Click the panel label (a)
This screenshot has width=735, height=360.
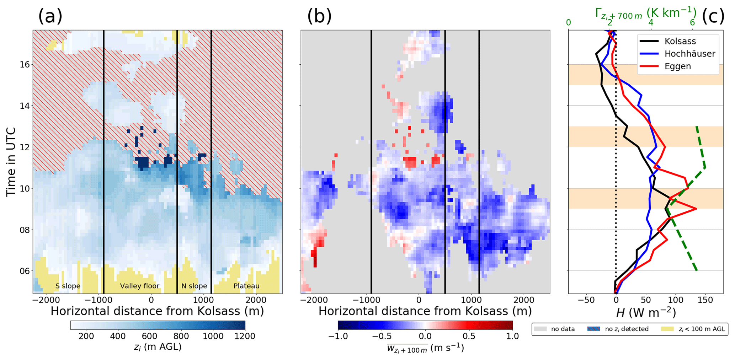point(50,16)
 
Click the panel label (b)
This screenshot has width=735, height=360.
point(319,16)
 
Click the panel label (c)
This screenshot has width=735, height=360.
point(713,16)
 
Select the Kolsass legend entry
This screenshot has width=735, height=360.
point(680,41)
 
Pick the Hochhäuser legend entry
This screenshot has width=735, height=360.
point(689,54)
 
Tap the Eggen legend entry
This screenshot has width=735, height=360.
point(677,66)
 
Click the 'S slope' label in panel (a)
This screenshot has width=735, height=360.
point(68,286)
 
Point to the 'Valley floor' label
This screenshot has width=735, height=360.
point(139,286)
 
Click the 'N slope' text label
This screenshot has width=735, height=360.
point(194,286)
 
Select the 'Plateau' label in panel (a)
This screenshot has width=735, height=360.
point(246,286)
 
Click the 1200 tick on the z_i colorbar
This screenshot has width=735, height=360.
point(245,336)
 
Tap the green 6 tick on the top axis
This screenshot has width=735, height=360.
point(692,22)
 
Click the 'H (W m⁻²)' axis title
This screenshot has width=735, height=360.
point(646,312)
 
